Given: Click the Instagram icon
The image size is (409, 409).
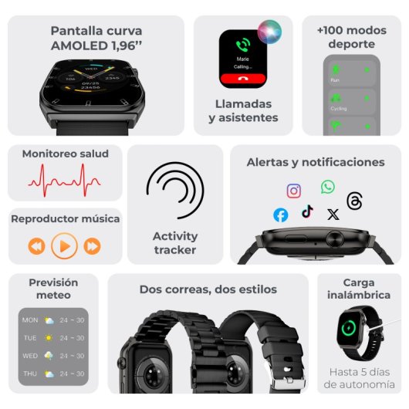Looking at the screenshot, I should (294, 191).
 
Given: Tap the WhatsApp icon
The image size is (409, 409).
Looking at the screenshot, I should (328, 187).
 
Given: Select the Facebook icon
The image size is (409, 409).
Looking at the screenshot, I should (281, 215).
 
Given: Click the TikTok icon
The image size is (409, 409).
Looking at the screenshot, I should (307, 211).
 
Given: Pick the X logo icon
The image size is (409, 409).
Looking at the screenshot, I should (333, 215).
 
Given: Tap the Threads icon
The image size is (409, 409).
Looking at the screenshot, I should (354, 201).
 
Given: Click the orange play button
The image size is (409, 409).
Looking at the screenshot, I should (64, 246).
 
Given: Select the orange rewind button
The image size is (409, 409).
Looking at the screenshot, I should (36, 246).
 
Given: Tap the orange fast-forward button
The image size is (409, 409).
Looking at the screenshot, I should (92, 246).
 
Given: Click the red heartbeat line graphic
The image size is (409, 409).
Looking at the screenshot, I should (64, 179).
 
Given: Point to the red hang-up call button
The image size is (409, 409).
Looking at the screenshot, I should (243, 78).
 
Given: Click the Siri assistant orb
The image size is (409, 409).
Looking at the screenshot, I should (270, 31).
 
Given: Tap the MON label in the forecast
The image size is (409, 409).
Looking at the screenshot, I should (30, 319).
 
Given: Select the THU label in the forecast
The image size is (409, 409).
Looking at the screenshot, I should (30, 374).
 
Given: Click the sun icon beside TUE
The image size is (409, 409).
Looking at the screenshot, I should (49, 338).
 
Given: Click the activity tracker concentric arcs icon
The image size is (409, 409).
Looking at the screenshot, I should (175, 191).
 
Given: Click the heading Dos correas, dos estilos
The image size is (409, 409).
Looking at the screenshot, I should (208, 289).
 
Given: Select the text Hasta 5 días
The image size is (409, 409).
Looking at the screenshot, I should (360, 371).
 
